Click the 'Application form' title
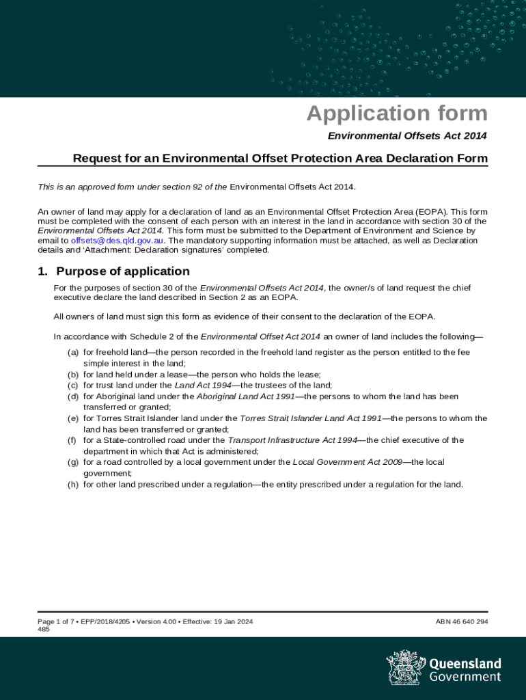point(397,113)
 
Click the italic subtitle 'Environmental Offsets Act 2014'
point(407,136)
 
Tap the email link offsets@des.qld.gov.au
point(117,241)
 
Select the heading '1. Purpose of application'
point(113,271)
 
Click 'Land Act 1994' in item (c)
point(204,386)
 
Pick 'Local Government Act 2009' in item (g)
point(347,462)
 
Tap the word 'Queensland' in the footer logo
point(465,664)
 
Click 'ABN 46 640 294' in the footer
point(462,621)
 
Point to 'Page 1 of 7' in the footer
point(56,621)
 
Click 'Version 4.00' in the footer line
point(156,621)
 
